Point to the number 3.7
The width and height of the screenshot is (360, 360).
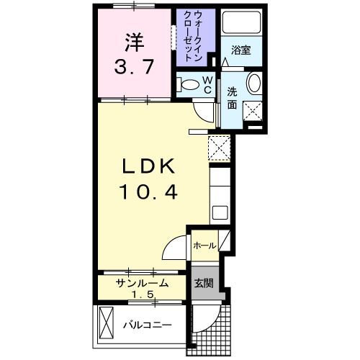[x=134, y=68]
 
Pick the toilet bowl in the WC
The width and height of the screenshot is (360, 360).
[x=189, y=84]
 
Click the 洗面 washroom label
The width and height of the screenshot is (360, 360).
[x=233, y=97]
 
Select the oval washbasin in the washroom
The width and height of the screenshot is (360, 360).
[x=254, y=83]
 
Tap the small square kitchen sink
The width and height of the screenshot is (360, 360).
[x=220, y=213]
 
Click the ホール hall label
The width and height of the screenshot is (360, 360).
[x=204, y=246]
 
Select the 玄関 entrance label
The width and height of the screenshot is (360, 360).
[x=203, y=283]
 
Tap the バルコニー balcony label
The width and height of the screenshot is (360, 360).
[x=146, y=325]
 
